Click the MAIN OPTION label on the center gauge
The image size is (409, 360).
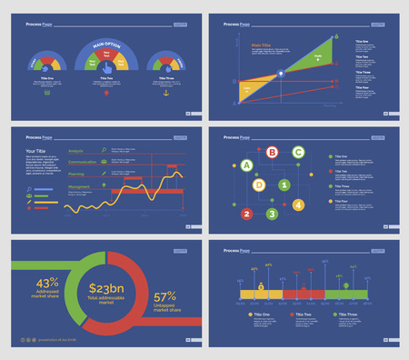point(106,44)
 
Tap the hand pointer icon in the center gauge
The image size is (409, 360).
point(106,65)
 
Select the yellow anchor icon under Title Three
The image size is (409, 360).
point(167,93)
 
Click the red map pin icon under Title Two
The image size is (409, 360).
point(106,93)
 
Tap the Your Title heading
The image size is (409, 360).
point(36,150)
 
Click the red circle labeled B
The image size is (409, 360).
point(272,153)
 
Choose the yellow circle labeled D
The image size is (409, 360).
point(259,185)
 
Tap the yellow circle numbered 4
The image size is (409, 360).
point(299,205)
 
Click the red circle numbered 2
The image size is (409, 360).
point(246,215)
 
